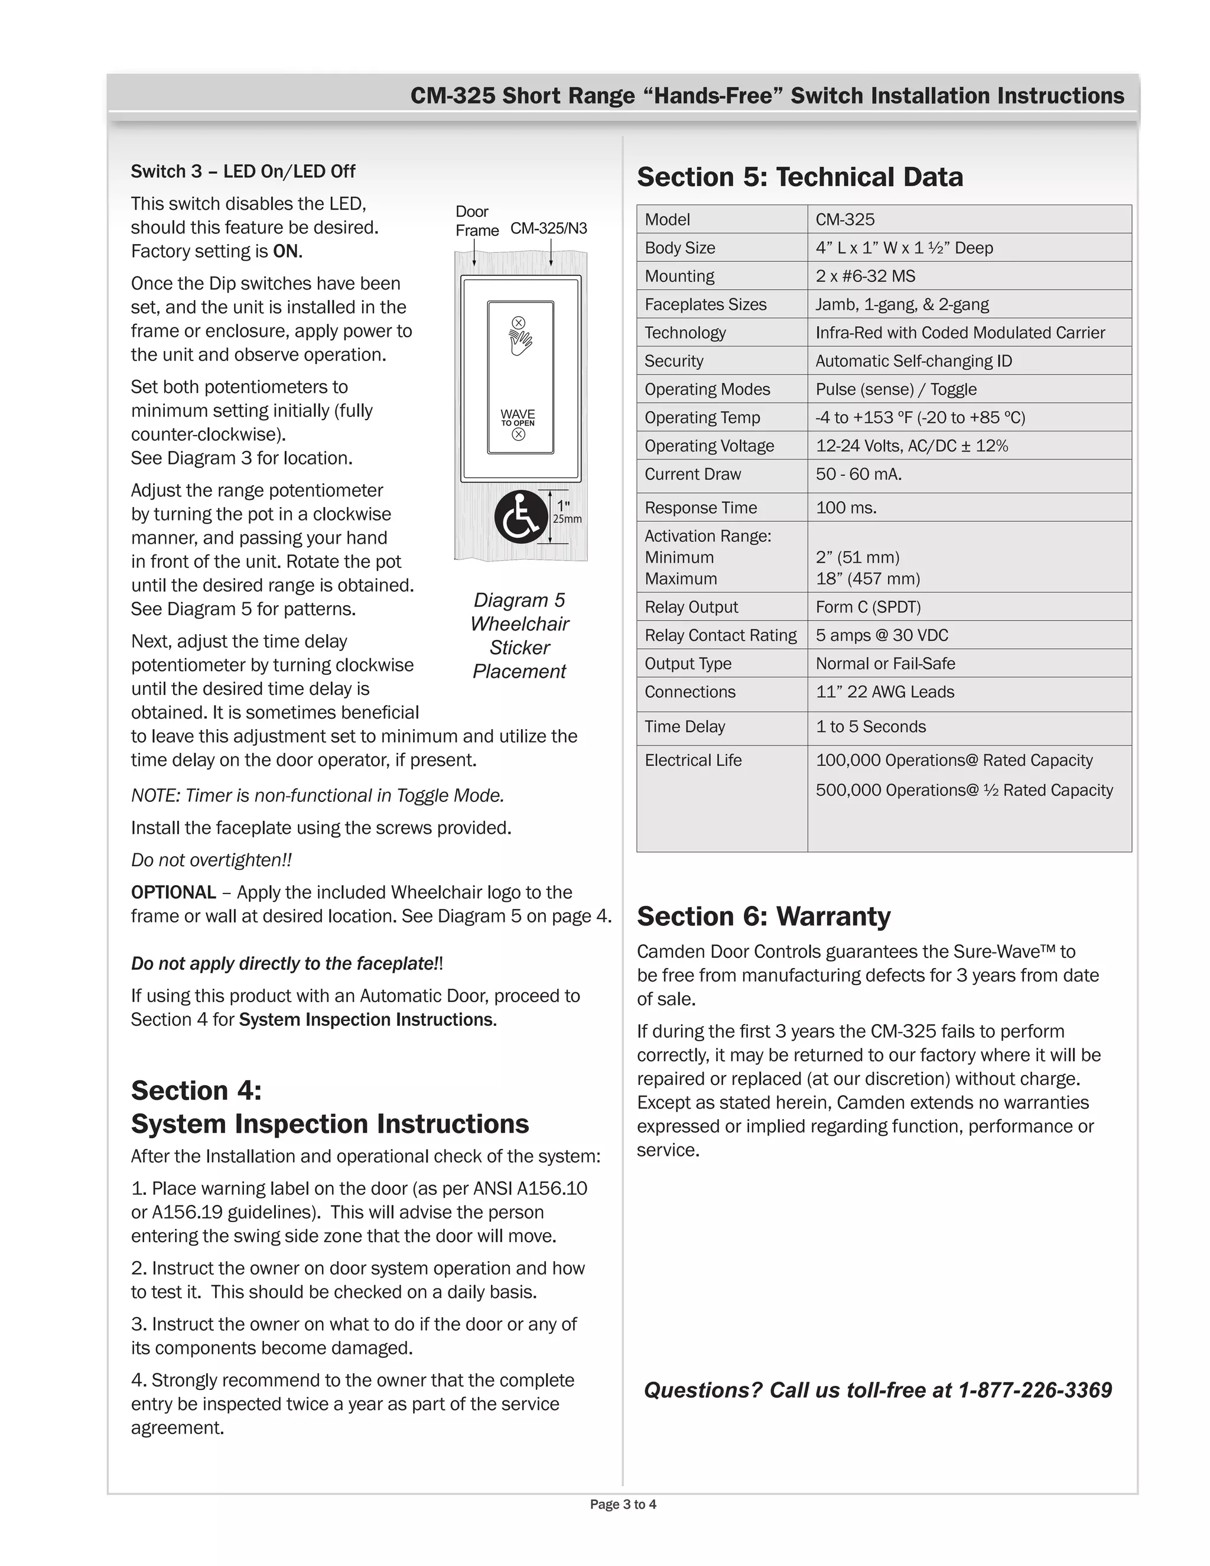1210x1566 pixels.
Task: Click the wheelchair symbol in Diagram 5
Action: [x=521, y=517]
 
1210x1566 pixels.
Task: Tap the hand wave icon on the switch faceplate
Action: [x=521, y=342]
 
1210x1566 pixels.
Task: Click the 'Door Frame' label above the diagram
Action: [x=476, y=221]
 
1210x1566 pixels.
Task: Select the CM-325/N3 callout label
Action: [x=548, y=228]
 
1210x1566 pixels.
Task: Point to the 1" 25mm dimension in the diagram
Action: [x=565, y=512]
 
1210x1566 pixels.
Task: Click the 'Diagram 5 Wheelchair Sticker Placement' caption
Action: [x=520, y=635]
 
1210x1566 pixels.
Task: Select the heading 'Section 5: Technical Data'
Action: [x=799, y=177]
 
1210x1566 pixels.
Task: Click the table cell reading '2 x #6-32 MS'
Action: [x=865, y=276]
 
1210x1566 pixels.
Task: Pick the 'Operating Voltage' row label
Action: [x=709, y=446]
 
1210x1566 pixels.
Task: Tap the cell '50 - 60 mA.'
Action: [x=858, y=474]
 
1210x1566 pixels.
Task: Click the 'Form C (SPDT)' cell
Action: [x=867, y=607]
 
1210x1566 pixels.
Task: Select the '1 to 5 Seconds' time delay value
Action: [x=870, y=726]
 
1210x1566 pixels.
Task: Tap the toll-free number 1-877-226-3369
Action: [x=1035, y=1390]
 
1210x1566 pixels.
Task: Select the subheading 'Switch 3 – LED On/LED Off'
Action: [x=242, y=171]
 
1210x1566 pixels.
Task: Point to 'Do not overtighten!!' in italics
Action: [x=211, y=860]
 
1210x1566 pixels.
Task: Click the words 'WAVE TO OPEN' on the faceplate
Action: [x=518, y=417]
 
